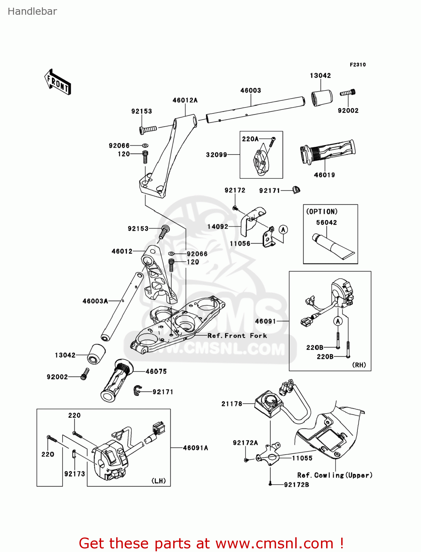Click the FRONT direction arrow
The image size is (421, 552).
pos(58,82)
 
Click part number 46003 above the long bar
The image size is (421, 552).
pos(250,91)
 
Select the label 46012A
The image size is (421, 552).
pos(185,100)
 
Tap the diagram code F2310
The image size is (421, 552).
pos(357,65)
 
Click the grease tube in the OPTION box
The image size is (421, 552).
pos(333,246)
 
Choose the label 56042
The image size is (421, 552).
pos(327,223)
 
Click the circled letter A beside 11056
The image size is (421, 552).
pos(283,230)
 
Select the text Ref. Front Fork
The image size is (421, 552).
pos(237,336)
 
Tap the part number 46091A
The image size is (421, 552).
pos(195,448)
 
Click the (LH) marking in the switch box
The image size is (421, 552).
pos(158,481)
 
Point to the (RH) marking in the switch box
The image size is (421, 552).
pos(359,365)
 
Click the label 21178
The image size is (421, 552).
pos(232,404)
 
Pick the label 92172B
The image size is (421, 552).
pos(296,485)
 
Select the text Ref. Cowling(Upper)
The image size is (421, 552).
pos(335,475)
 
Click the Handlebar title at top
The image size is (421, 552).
pos(32,11)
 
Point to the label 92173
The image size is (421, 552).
pos(75,474)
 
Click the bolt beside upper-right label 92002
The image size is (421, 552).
pos(347,93)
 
